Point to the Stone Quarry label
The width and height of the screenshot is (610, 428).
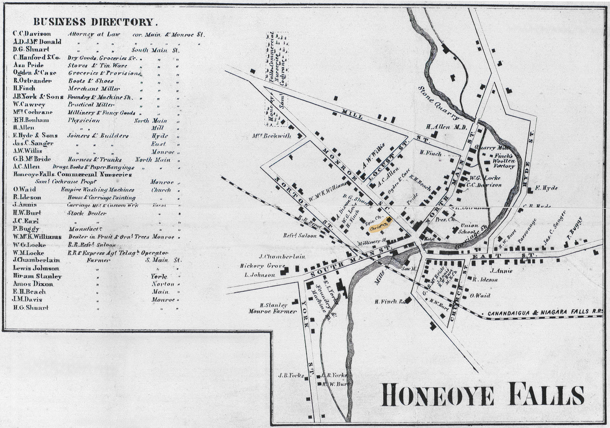pyautogui.click(x=438, y=103)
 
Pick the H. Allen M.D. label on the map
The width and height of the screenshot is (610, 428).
pyautogui.click(x=446, y=127)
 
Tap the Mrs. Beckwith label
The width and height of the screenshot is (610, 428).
pyautogui.click(x=272, y=136)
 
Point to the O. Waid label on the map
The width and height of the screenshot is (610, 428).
pyautogui.click(x=480, y=295)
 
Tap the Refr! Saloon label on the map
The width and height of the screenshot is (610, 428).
pyautogui.click(x=300, y=236)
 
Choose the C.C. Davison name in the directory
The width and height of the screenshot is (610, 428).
pyautogui.click(x=32, y=34)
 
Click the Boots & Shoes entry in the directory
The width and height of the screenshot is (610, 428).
pyautogui.click(x=91, y=81)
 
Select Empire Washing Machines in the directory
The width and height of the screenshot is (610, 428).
pyautogui.click(x=98, y=189)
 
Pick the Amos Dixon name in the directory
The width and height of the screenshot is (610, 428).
pyautogui.click(x=33, y=284)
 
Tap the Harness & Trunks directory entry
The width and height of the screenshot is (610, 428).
pyautogui.click(x=95, y=159)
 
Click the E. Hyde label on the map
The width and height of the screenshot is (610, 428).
pyautogui.click(x=546, y=188)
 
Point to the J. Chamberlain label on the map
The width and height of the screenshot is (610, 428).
pyautogui.click(x=282, y=257)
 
